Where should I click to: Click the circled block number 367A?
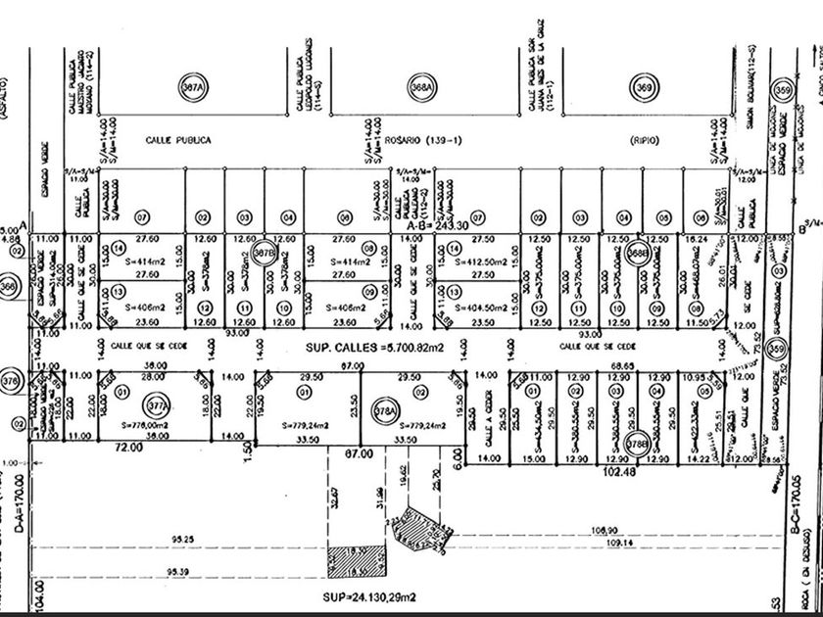coord(193,87)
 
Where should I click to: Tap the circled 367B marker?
coord(262,253)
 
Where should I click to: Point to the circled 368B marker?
coord(638,253)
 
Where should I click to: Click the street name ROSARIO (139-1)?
coord(423,141)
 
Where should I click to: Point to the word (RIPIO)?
coord(642,141)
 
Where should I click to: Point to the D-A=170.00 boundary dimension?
coord(18,504)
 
